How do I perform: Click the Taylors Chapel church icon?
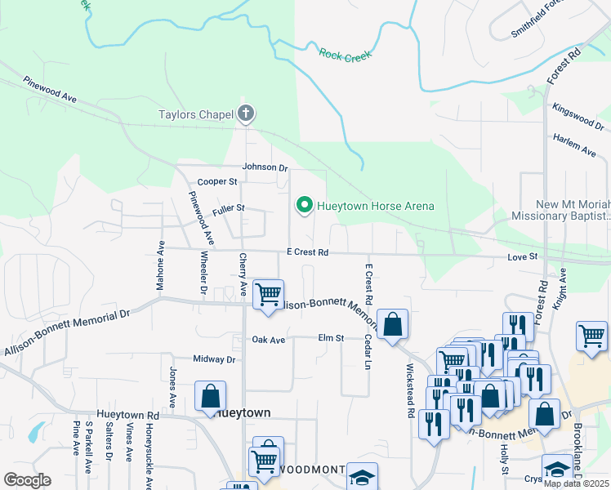[x=246, y=114]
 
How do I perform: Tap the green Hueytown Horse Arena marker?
[x=305, y=206]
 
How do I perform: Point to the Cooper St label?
[x=217, y=181]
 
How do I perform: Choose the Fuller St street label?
[x=229, y=210]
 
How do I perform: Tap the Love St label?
[x=523, y=257]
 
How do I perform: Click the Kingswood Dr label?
[x=578, y=117]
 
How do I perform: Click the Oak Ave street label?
[x=268, y=340]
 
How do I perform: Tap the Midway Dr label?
[x=214, y=359]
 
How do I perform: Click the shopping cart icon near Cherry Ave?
[x=268, y=293]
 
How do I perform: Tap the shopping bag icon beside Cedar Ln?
[x=393, y=323]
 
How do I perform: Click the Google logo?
[x=27, y=479]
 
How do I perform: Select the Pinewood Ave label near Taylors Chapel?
[x=50, y=90]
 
